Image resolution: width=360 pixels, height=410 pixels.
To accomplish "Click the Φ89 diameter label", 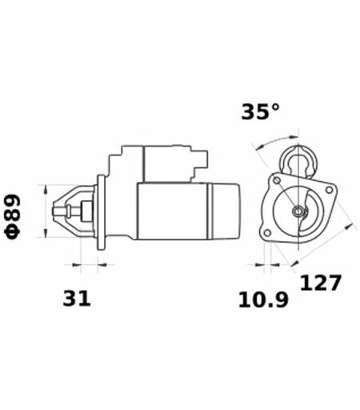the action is coord(13,216).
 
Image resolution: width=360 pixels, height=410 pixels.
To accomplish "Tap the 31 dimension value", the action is coord(77,298).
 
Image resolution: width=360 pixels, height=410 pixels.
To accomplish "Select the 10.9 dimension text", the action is coord(263,299).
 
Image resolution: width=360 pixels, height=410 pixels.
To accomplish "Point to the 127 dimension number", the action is coord(321,283).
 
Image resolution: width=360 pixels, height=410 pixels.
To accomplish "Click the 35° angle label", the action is coord(261,111).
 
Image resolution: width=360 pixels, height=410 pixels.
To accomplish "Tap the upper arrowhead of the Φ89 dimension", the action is coord(46,189).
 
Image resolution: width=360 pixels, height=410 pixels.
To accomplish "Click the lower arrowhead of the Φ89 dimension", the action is coord(46,232).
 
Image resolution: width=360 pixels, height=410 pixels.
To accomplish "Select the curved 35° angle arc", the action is coord(275,140).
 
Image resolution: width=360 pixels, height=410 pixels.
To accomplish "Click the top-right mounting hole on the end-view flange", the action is coord(330,190).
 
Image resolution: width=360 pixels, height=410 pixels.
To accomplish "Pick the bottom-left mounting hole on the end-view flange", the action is coord(267,233).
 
